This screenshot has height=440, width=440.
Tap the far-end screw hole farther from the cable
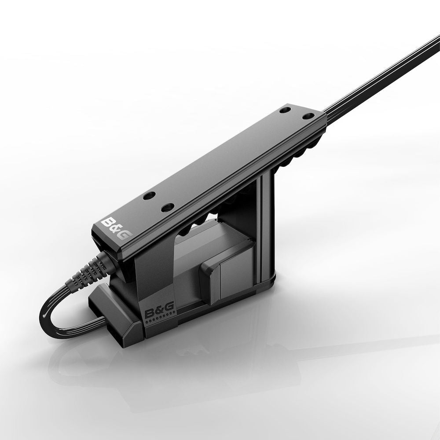[x=286, y=109]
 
